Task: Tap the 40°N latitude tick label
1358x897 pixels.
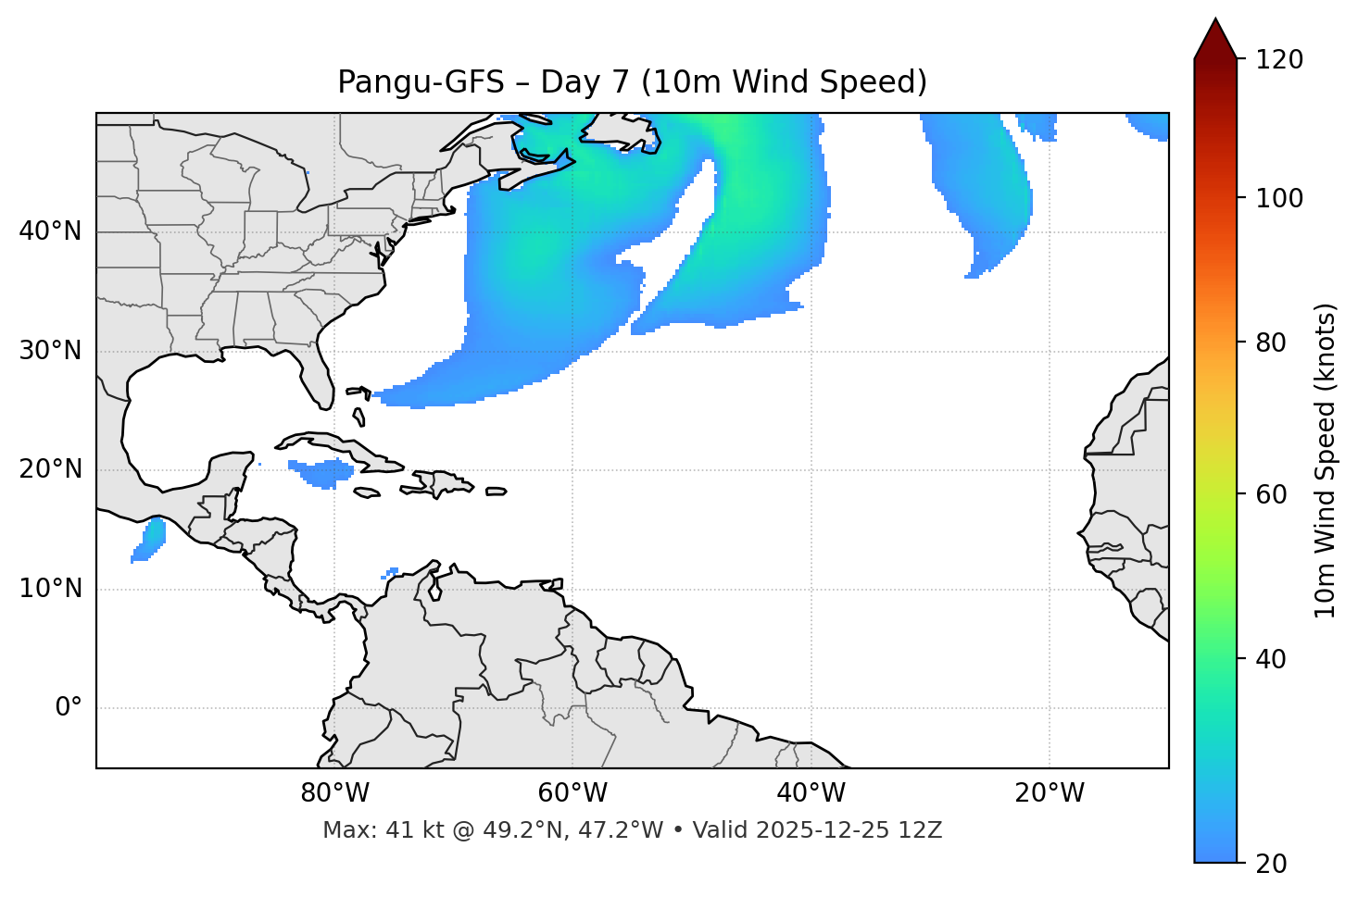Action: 50,231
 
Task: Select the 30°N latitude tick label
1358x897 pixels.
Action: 50,351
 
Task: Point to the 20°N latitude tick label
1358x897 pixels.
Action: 50,469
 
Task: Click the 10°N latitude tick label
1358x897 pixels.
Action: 50,589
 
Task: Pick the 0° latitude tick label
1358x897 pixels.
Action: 69,708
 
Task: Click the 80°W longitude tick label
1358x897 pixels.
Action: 334,793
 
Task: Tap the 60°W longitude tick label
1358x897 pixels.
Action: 572,793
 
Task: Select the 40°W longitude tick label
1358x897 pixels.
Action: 811,793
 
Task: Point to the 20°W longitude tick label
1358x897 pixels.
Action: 1049,793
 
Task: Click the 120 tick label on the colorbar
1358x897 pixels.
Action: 1279,59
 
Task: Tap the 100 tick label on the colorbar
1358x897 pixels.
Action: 1279,198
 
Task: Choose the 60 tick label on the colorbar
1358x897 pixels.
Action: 1272,494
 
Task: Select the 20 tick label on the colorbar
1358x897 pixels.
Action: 1272,864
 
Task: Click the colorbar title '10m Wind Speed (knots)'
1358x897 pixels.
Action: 1326,460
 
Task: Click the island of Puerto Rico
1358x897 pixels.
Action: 497,492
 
